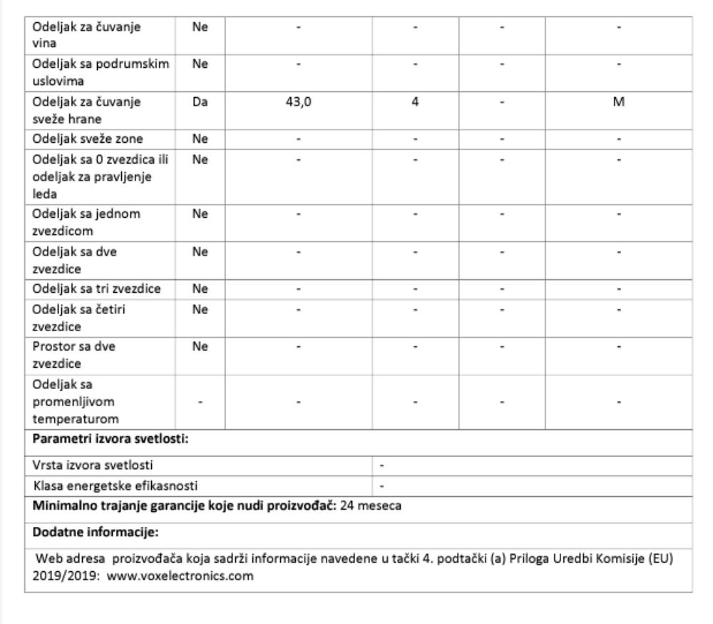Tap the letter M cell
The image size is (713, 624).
click(618, 101)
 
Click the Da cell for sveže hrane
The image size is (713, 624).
click(200, 101)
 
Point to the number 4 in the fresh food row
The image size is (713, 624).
click(415, 101)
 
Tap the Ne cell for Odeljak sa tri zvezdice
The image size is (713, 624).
click(200, 288)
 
